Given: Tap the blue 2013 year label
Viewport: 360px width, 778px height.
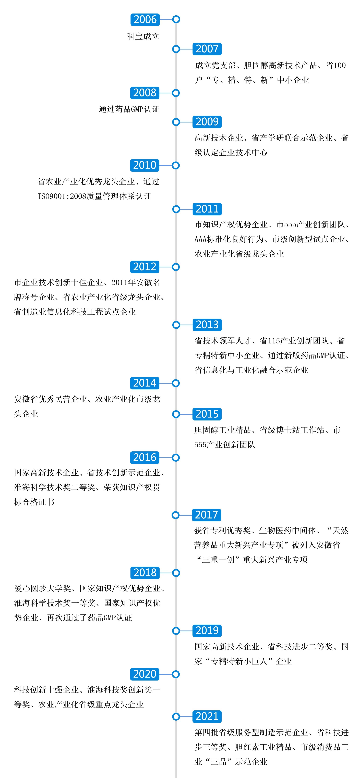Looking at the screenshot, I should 207,325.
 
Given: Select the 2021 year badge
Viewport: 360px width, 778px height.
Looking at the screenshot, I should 207,716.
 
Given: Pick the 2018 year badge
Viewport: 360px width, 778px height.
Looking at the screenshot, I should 145,573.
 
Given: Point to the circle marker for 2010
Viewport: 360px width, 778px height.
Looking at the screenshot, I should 176,166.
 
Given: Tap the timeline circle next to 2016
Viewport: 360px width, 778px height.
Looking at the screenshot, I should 176,458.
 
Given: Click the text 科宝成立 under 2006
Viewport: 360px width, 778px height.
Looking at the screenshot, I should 143,36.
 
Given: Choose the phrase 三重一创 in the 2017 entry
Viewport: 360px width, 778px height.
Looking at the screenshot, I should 218,560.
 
